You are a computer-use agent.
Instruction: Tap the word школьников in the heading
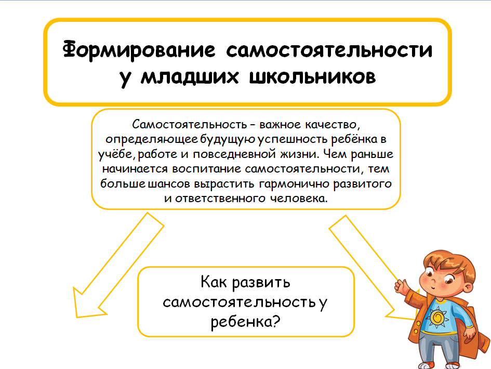coord(312,77)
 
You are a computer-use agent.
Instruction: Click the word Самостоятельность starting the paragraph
coord(190,124)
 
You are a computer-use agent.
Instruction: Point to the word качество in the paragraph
coord(331,125)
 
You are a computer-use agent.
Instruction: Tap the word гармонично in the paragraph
coord(294,184)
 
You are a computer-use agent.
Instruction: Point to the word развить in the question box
coord(261,283)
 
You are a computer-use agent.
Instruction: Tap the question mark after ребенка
coord(276,321)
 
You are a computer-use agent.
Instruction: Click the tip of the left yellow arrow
coord(77,317)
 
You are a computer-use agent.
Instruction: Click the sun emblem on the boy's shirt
coord(437,318)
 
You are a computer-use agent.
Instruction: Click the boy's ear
coord(469,287)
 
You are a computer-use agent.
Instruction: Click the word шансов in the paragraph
coord(169,184)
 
